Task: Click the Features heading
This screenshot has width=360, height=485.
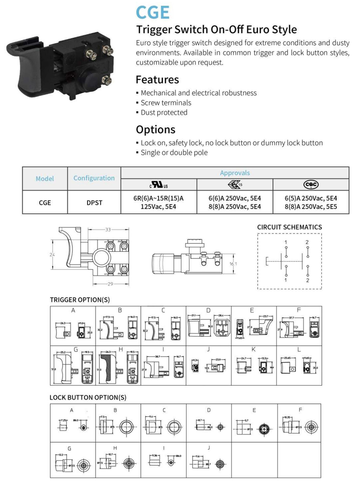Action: tap(157, 80)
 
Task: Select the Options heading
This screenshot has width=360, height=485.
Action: tap(155, 129)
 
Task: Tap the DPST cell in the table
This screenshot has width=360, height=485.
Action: tap(94, 203)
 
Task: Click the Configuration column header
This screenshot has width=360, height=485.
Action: tap(94, 178)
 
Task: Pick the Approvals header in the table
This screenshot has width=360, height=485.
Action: tap(235, 173)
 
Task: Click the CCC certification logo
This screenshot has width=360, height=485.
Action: tap(311, 185)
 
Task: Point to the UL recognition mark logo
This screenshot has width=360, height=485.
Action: tap(159, 185)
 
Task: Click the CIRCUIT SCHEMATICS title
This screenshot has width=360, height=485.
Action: tap(289, 227)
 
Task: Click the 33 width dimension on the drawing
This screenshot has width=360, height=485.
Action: tap(108, 229)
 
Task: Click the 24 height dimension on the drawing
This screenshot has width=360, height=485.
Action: tap(52, 254)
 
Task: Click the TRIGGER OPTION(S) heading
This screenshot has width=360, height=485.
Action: tap(80, 299)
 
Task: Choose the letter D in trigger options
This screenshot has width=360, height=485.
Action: tap(208, 310)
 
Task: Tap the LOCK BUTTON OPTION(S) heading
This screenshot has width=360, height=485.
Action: tap(88, 397)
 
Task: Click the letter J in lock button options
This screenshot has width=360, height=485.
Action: tap(208, 448)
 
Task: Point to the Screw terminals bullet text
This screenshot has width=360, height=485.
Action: tap(166, 103)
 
